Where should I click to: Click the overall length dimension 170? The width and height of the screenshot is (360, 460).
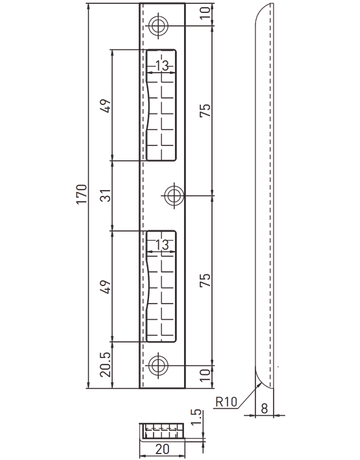click(82, 194)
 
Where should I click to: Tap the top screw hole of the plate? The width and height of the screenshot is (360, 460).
click(158, 26)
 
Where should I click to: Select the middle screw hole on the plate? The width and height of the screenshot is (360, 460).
click(174, 195)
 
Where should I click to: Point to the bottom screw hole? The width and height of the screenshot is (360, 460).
click(158, 365)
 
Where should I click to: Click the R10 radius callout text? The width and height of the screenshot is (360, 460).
click(226, 401)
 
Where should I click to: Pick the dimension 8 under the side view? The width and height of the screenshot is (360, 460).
click(264, 408)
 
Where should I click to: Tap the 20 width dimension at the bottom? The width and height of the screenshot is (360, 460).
click(162, 449)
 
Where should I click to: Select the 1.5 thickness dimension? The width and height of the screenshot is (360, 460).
click(197, 417)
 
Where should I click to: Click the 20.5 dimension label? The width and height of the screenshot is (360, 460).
click(106, 365)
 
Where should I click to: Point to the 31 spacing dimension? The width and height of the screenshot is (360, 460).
click(106, 195)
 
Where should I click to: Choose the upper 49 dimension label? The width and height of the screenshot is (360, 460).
click(106, 106)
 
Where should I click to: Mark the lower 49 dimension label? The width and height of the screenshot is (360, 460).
click(106, 287)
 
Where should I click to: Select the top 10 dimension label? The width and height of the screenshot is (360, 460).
click(205, 12)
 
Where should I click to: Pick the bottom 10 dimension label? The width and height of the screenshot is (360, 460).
click(205, 375)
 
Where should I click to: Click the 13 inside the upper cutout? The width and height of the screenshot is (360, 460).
click(162, 65)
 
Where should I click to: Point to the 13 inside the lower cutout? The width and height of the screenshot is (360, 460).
click(162, 245)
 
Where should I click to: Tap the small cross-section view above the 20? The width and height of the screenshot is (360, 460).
click(162, 432)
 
